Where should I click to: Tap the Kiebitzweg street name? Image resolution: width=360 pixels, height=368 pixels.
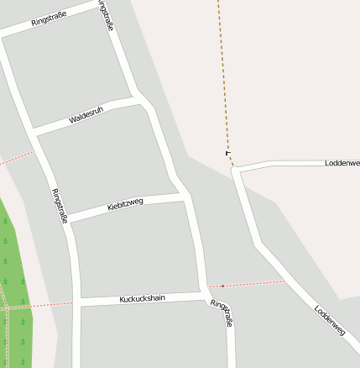pos(126,204)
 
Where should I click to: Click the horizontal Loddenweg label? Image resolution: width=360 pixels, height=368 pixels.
pos(342,162)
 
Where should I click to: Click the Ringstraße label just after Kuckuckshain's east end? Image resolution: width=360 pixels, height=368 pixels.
pos(221,313)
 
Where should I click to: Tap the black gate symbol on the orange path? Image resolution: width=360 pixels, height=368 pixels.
pos(227,152)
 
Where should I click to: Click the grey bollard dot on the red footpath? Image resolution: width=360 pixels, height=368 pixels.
pos(222,287)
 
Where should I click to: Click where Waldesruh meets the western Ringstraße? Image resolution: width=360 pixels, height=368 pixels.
pos(34,132)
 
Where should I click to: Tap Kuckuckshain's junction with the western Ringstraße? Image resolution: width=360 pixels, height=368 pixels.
pos(76,302)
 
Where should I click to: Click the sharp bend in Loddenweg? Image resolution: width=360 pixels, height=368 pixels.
pos(237,170)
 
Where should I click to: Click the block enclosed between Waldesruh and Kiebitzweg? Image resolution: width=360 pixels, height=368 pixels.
pos(105,160)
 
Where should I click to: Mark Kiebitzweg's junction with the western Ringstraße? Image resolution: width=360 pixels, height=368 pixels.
pos(66,218)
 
